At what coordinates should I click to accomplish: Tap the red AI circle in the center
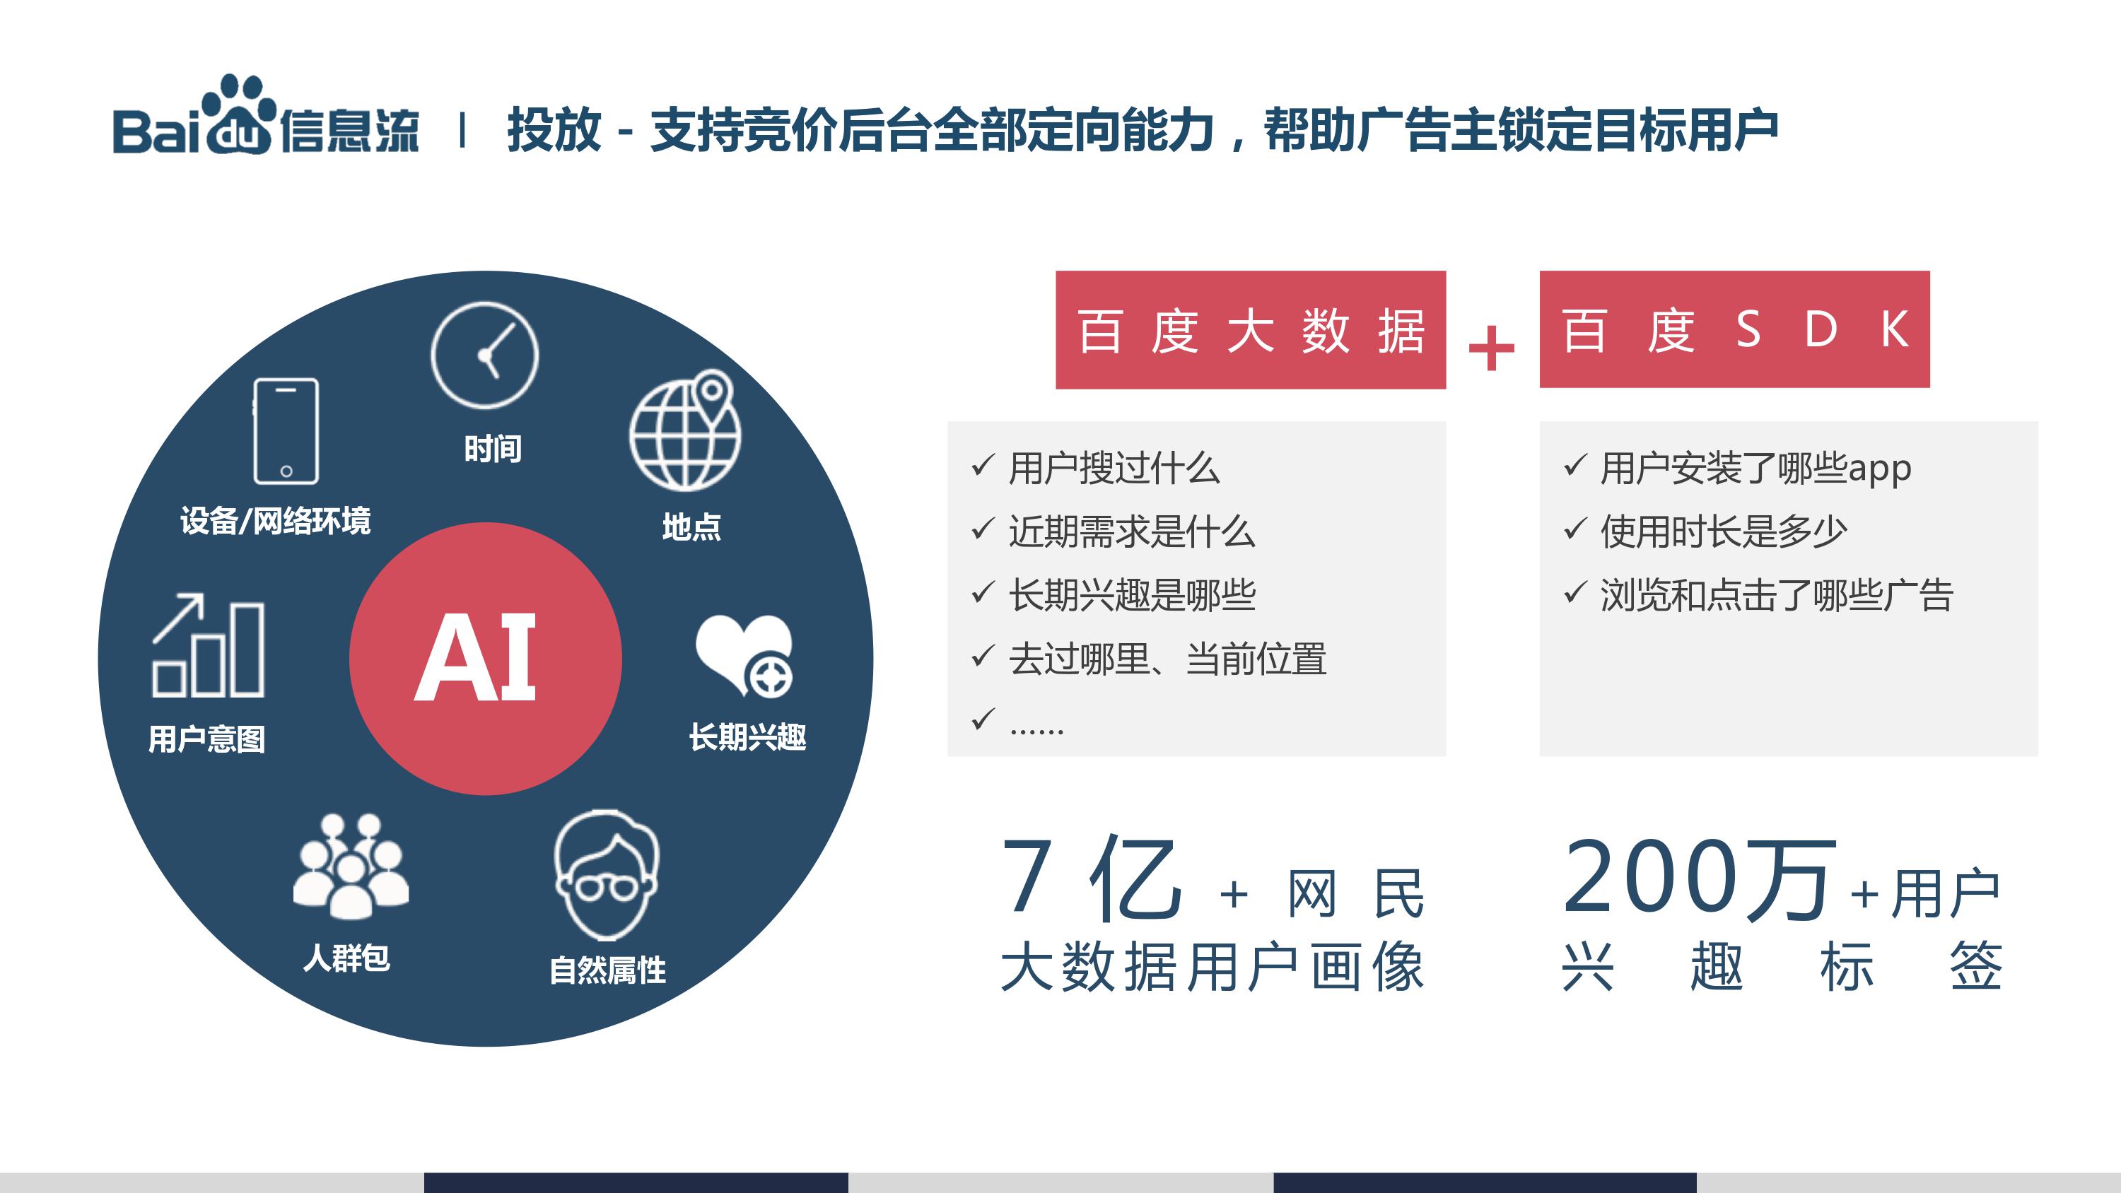coord(486,659)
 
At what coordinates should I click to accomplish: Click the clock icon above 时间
coord(485,355)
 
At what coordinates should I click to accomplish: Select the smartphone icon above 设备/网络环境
coord(286,430)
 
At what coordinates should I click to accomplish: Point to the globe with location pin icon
coord(685,430)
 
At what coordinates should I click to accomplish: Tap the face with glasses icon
coord(607,875)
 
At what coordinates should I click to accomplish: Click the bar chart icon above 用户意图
coord(209,645)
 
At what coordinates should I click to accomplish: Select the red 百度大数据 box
coord(1251,329)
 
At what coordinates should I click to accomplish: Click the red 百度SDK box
coord(1735,329)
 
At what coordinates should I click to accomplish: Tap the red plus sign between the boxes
coord(1491,348)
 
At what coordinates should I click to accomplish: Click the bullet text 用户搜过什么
coord(1114,469)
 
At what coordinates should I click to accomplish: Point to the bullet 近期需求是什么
coord(1132,532)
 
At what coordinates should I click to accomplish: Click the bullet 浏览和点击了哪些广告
coord(1777,595)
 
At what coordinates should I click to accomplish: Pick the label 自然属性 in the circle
coord(607,970)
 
